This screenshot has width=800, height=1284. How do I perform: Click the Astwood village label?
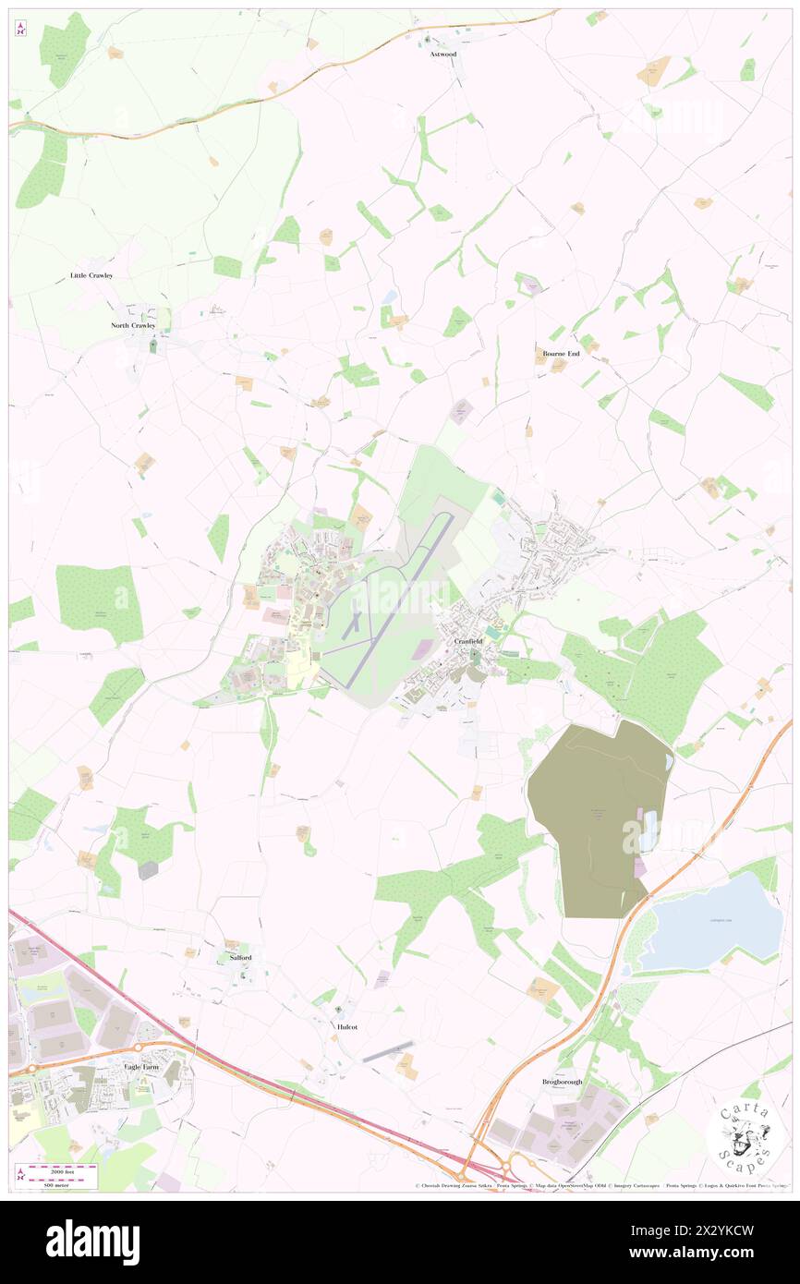pos(443,55)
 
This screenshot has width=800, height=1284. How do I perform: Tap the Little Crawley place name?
pos(91,276)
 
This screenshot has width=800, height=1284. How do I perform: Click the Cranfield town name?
pos(467,641)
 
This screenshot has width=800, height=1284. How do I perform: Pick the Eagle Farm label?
pos(142,1067)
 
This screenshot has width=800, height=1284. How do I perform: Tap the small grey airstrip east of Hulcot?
pos(388,1051)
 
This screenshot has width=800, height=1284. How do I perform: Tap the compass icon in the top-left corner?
pos(21,29)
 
